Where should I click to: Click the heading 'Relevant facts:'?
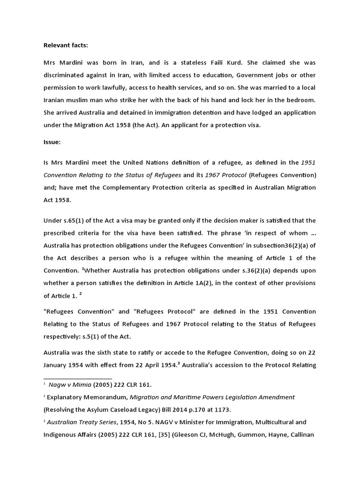click(66, 45)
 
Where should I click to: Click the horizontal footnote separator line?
click(78, 378)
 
